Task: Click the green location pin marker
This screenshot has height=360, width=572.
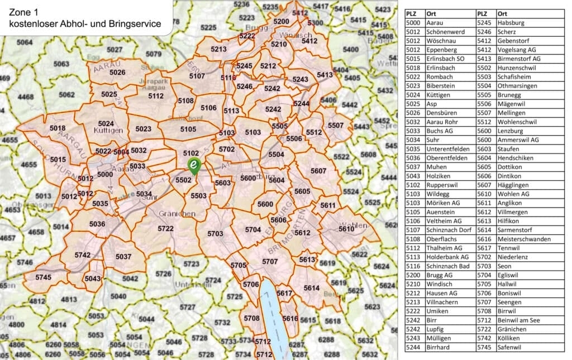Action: coord(193,165)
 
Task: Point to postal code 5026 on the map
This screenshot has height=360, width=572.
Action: coord(117,73)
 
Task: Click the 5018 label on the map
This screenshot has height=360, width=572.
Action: coord(58,128)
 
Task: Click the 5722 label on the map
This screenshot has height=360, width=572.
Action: coord(165,229)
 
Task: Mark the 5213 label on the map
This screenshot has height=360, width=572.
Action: coord(218,50)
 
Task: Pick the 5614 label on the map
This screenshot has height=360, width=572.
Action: coord(312,287)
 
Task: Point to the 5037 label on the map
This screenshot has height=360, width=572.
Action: coord(123,257)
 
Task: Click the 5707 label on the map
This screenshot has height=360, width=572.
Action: coord(270,261)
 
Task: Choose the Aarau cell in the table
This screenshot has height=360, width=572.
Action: coord(435,23)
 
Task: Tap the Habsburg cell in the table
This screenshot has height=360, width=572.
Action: coord(509,23)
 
